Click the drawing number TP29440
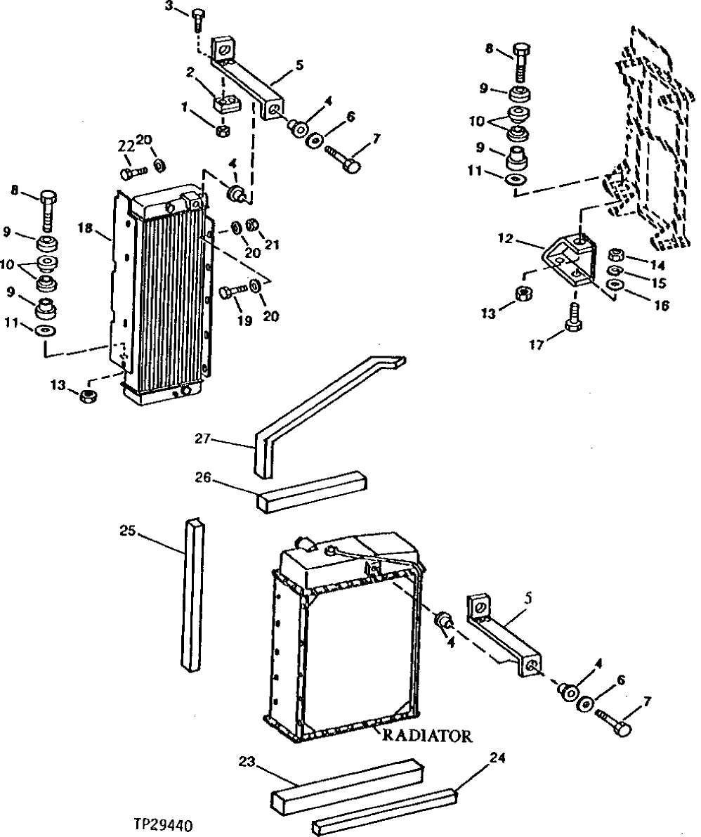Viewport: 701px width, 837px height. pos(165,824)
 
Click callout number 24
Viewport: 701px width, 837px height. pos(497,758)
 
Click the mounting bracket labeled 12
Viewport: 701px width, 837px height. pos(570,264)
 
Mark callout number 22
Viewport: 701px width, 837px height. pos(126,145)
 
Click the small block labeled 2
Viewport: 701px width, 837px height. pos(225,105)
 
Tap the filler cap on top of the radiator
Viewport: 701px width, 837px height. pos(305,543)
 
